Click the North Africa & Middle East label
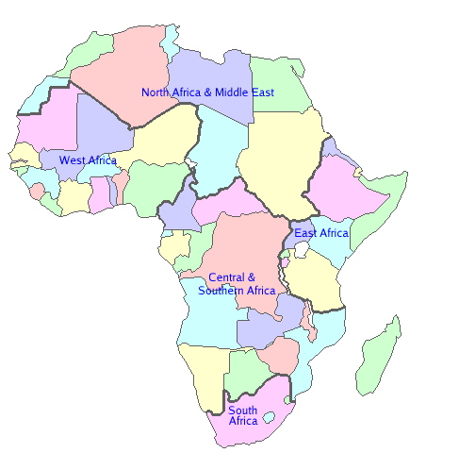[207, 92]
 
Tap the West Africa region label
[88, 160]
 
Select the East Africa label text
[320, 233]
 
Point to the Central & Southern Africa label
[236, 284]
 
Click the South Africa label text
[242, 415]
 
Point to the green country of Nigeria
[151, 184]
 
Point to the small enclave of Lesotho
[269, 416]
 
